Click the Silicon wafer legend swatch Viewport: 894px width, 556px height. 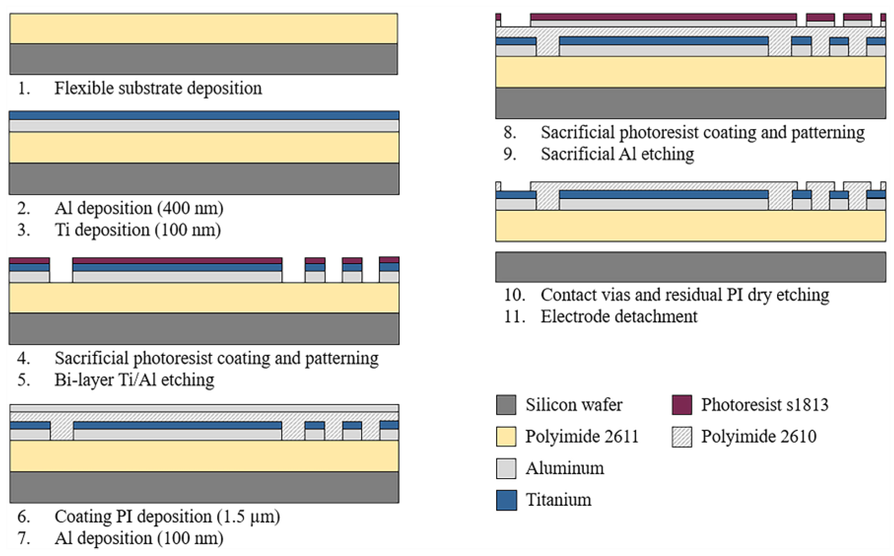[x=506, y=405]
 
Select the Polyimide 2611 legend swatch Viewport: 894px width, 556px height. [x=506, y=436]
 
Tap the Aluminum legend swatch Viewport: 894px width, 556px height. [x=506, y=468]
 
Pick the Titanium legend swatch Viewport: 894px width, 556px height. [x=506, y=500]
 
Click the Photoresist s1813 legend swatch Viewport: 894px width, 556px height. [x=682, y=405]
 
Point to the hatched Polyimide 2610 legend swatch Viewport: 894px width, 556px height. [x=682, y=436]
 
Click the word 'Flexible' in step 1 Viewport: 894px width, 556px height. [x=84, y=88]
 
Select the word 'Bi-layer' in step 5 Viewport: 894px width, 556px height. [x=84, y=380]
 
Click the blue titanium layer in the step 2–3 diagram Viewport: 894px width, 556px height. [x=204, y=115]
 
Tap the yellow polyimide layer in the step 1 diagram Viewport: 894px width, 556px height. [x=204, y=29]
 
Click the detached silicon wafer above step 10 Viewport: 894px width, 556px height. [x=690, y=267]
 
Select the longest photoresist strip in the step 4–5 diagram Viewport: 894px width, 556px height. [x=177, y=260]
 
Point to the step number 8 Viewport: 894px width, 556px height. [x=509, y=132]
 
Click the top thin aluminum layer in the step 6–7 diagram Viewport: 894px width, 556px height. [x=204, y=408]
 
